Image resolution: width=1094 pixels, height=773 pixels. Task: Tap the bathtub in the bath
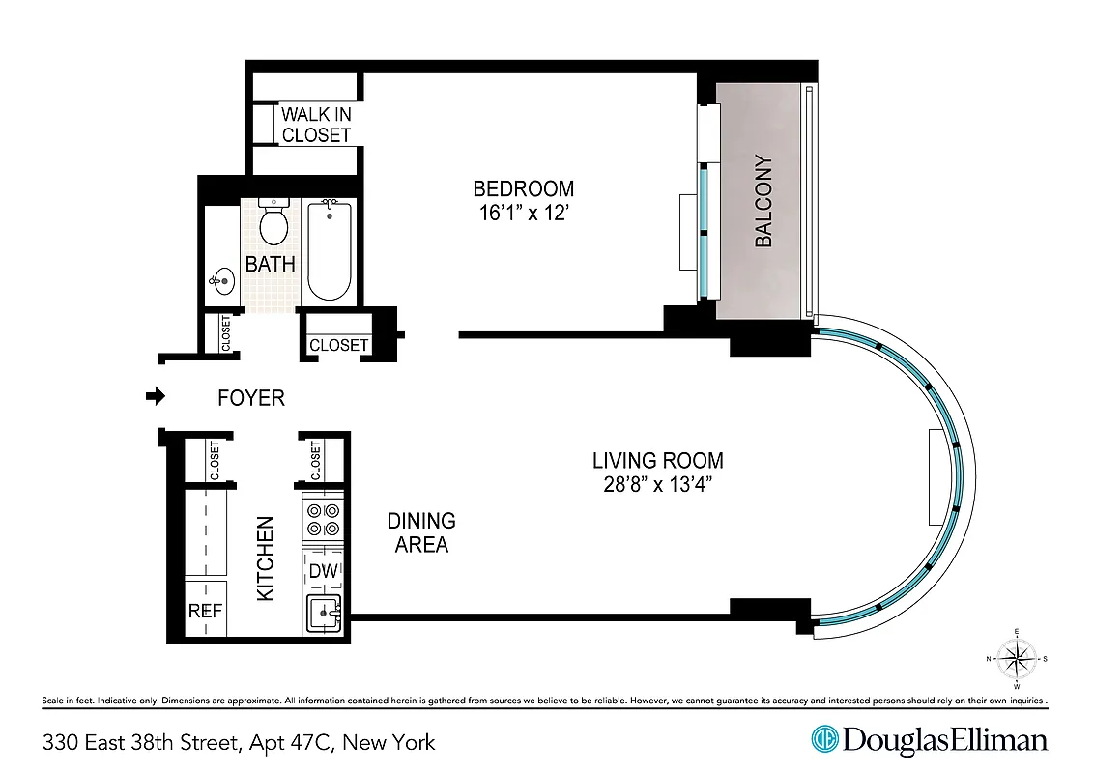point(330,251)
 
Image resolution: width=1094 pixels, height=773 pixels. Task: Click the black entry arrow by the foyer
point(154,396)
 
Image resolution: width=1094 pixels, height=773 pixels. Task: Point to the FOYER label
point(250,397)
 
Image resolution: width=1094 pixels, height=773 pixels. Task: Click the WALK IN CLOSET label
point(316,125)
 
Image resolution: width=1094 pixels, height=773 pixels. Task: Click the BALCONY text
point(763,201)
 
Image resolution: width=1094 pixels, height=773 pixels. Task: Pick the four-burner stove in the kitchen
point(323,520)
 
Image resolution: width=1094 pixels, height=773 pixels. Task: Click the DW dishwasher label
point(324,571)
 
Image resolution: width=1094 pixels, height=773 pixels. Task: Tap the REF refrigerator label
point(205,611)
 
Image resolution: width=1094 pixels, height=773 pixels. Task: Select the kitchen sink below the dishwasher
point(324,613)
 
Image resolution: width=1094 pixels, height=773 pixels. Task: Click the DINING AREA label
point(421,532)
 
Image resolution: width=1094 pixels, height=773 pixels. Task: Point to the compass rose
point(1016,660)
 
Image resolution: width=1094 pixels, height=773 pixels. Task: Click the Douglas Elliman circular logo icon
point(824,740)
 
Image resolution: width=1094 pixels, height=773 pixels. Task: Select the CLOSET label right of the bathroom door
point(338,345)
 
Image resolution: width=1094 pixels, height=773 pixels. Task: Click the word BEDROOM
point(523,188)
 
